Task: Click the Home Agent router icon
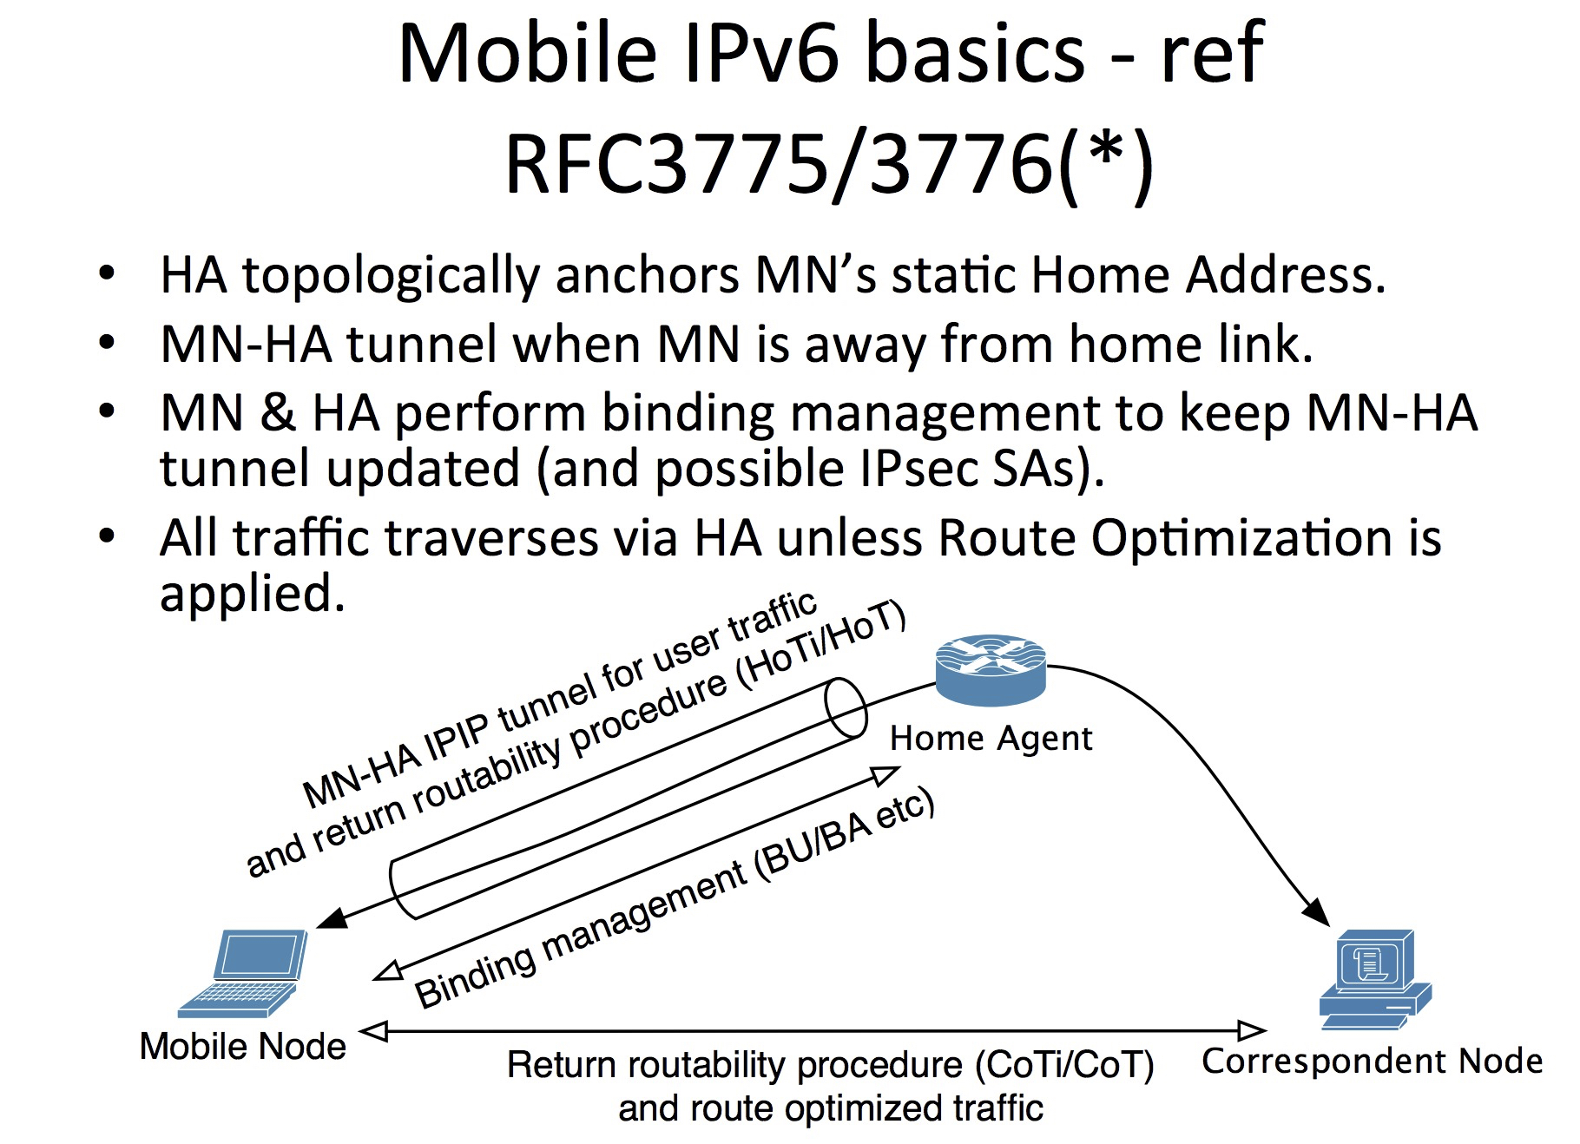(991, 668)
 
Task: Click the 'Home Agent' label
(991, 739)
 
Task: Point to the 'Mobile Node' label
(243, 1046)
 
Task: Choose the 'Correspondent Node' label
(1372, 1061)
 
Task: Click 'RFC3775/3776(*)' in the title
(829, 163)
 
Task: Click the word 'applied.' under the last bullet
(253, 595)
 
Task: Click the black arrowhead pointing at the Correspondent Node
(1317, 912)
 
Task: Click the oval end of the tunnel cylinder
(846, 708)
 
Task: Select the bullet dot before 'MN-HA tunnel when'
(107, 343)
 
